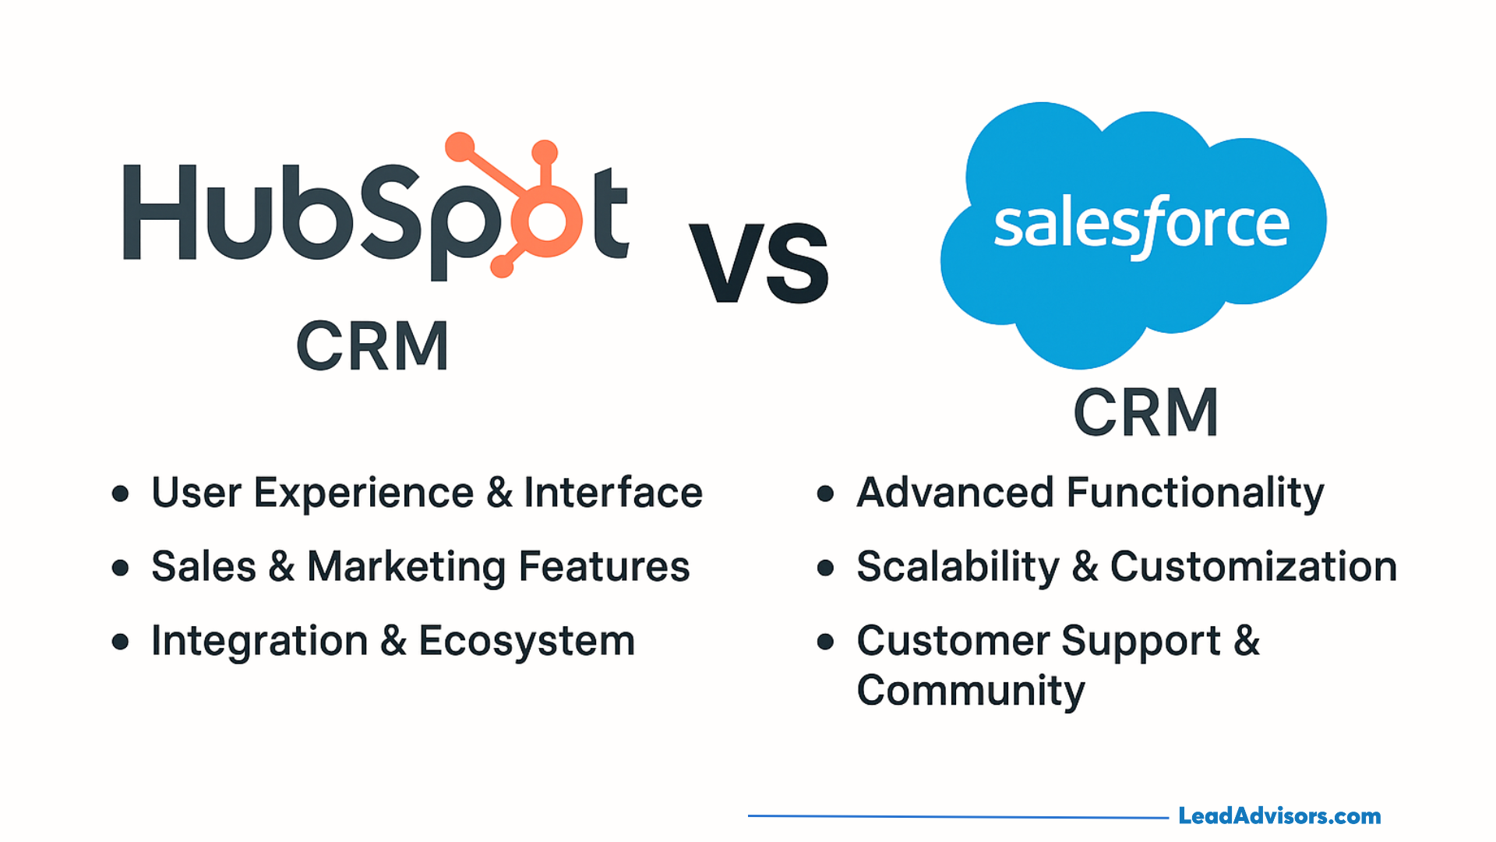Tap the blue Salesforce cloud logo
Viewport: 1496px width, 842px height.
[1134, 234]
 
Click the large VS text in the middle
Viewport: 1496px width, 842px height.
[759, 262]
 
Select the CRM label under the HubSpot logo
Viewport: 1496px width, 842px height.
[372, 345]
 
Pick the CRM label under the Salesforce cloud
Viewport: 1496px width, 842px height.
[1145, 412]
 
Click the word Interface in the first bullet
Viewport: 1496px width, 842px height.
[613, 493]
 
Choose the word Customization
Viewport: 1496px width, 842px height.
[1254, 567]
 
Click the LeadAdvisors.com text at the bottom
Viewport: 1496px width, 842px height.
[1279, 816]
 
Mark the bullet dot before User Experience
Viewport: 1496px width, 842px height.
[120, 494]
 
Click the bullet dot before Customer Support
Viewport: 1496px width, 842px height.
[825, 642]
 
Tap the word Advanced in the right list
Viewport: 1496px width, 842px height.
[955, 493]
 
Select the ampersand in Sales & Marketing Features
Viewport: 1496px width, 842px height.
[281, 567]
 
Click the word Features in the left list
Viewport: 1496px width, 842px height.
[604, 567]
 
